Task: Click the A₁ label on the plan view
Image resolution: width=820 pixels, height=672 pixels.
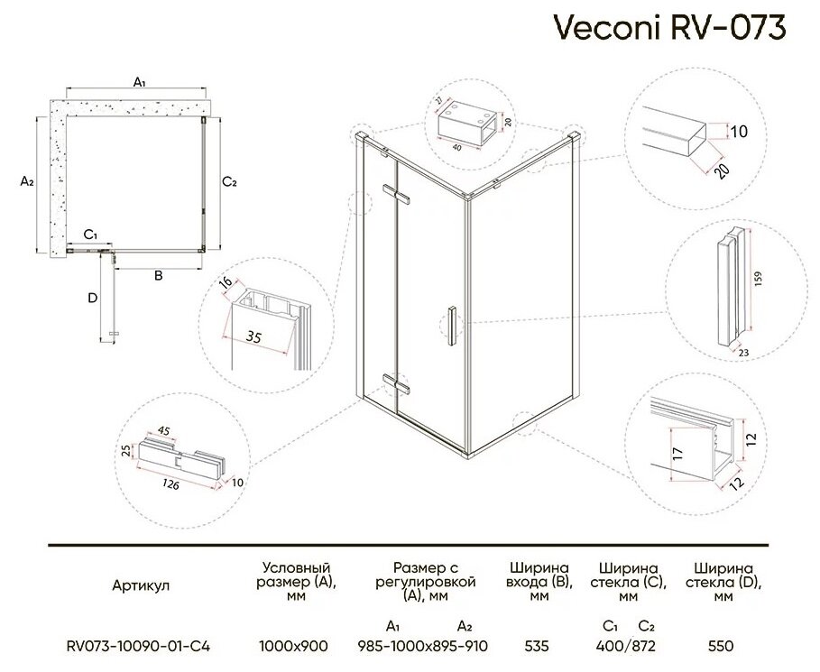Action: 140,82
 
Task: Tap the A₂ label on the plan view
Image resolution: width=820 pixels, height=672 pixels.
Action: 26,180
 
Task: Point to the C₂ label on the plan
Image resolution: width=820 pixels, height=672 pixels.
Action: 229,182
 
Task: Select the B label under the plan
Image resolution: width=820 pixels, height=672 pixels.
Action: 157,276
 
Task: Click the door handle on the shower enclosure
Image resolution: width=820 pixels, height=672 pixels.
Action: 451,326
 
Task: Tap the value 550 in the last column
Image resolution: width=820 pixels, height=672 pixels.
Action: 721,646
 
